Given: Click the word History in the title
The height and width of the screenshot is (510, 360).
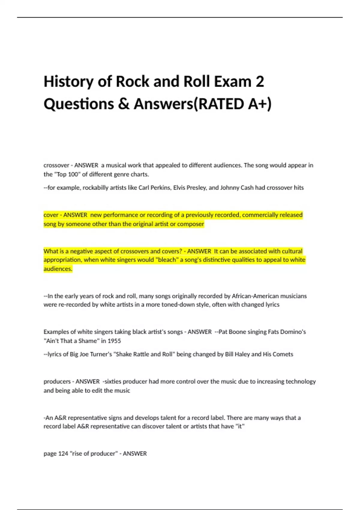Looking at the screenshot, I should (x=68, y=82).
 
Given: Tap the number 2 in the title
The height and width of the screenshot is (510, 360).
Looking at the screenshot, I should (x=260, y=82).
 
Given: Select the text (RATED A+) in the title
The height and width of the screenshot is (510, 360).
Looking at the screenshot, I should (x=233, y=104).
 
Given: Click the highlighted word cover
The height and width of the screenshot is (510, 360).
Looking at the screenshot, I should (x=51, y=215).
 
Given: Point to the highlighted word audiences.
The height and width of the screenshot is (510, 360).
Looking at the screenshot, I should (x=58, y=269).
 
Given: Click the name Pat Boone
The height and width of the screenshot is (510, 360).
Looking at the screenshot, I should (x=232, y=332).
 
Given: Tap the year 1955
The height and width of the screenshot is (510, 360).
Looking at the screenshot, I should (x=114, y=341).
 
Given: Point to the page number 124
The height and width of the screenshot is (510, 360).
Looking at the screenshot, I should (x=63, y=454).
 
